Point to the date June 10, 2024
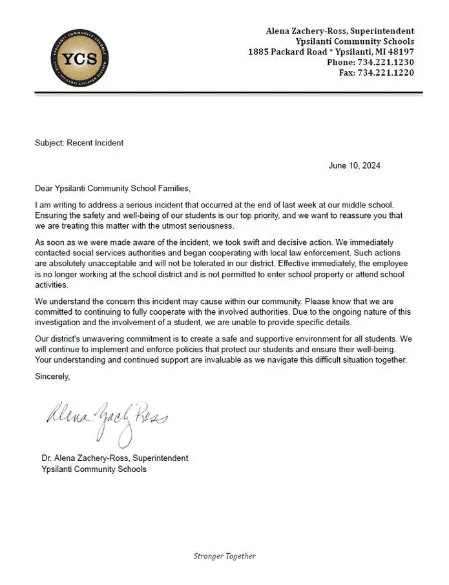point(355,165)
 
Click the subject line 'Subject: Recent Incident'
point(79,142)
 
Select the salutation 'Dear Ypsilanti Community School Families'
point(113,188)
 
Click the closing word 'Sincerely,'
point(52,376)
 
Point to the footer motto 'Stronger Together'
point(225,556)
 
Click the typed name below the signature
point(115,458)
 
